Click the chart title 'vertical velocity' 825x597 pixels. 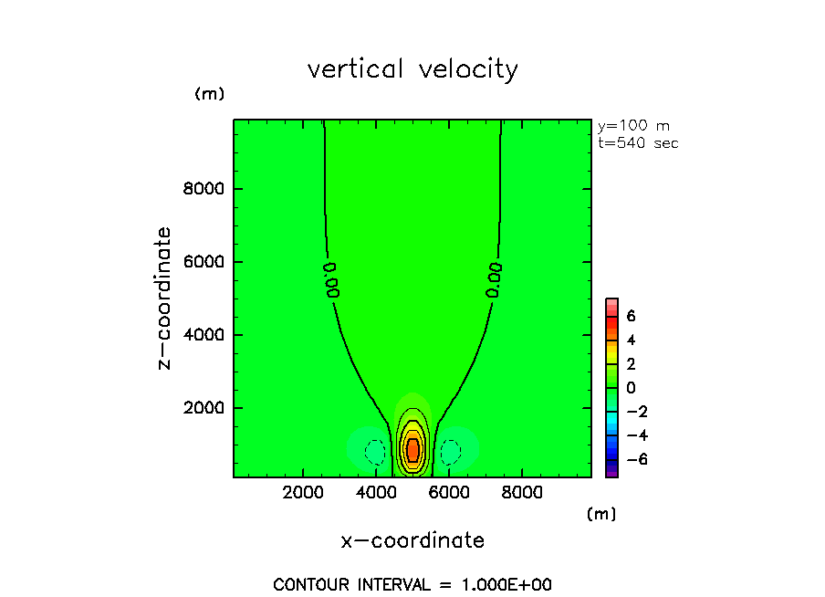[x=412, y=69]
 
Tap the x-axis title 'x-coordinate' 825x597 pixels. [x=412, y=540]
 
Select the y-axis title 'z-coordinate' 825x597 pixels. [x=164, y=298]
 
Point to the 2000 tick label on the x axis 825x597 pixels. [x=304, y=493]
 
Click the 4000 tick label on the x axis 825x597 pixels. [x=376, y=493]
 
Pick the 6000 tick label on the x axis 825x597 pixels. [x=448, y=493]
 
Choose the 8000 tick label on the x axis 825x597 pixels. [x=520, y=493]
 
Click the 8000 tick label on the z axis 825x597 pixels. [x=205, y=189]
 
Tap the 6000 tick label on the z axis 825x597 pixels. [x=205, y=262]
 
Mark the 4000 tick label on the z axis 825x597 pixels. [x=205, y=335]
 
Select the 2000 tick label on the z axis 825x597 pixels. [x=205, y=408]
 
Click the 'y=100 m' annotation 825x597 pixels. [x=632, y=126]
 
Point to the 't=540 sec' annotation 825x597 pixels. [x=638, y=142]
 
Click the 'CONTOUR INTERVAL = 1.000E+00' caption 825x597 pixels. [x=412, y=584]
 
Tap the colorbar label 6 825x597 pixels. [x=631, y=316]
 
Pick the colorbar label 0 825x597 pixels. [x=631, y=388]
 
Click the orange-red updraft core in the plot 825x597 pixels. [x=412, y=448]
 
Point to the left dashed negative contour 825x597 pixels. [x=374, y=451]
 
